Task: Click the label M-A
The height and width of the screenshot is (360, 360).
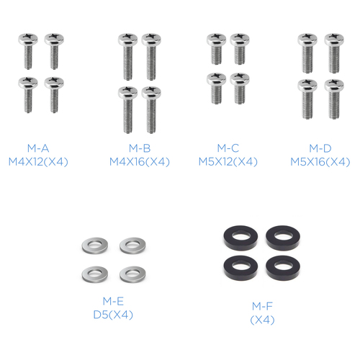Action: (38, 148)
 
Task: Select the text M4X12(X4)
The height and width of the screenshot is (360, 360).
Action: (38, 162)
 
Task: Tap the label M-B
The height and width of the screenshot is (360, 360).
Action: (140, 148)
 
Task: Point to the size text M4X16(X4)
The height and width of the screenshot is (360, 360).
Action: (140, 162)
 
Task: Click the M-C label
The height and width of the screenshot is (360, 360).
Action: (228, 148)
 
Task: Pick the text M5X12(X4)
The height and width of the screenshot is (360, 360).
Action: (228, 161)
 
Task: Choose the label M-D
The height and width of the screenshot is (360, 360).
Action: (320, 148)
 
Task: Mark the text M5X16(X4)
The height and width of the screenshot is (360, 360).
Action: (320, 162)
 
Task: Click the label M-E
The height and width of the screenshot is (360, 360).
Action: (113, 301)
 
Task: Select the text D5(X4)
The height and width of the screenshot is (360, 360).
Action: (113, 315)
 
